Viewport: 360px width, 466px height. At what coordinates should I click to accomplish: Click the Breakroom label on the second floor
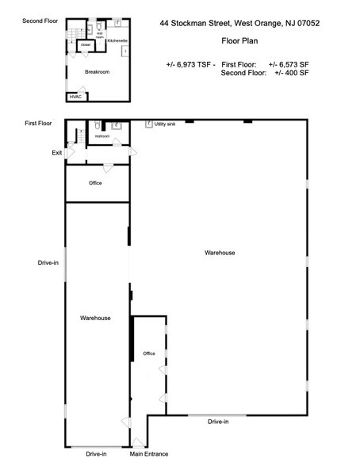96,72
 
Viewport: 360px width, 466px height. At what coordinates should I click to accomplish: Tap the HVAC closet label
75,97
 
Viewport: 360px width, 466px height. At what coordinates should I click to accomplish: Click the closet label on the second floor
85,45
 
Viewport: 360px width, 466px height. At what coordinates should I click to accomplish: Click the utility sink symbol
147,124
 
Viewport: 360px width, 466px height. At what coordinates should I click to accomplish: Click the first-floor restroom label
101,136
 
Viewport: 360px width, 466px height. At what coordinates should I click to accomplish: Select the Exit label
57,152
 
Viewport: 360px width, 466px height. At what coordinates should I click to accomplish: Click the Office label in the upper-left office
95,183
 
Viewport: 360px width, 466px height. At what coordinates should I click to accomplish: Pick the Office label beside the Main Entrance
148,353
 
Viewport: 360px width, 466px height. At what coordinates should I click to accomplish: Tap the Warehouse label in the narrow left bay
95,318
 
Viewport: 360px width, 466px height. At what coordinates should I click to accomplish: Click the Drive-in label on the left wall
48,262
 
